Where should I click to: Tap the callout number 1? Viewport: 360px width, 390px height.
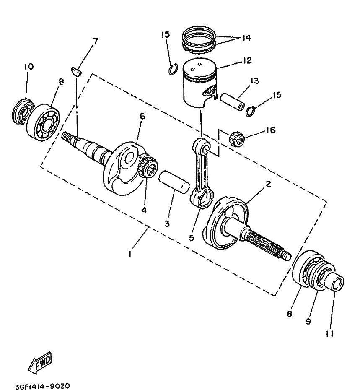(x=130, y=255)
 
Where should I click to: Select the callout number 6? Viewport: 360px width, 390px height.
(x=142, y=116)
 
